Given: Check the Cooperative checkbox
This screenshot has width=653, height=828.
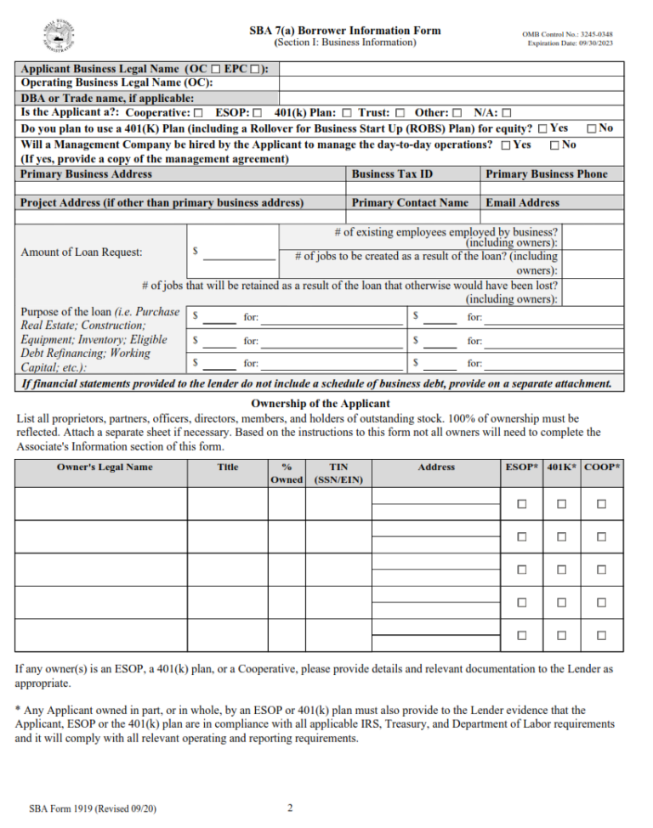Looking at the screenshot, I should [198, 112].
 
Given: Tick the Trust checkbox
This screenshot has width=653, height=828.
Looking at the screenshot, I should [399, 112].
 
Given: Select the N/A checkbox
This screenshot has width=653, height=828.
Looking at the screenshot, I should [507, 112].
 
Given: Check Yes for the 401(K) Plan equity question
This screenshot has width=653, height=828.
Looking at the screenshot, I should [542, 128].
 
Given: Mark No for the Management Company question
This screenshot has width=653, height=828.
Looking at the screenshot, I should [554, 145].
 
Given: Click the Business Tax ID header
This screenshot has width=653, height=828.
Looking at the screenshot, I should [392, 173].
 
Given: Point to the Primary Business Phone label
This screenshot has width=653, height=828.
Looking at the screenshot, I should [546, 173].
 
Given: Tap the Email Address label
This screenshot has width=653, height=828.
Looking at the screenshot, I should [522, 202].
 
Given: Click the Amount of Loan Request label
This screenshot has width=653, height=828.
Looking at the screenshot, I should [82, 252].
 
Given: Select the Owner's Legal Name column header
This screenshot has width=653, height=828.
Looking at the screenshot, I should [105, 467].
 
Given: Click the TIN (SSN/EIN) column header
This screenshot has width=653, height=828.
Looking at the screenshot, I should [338, 473].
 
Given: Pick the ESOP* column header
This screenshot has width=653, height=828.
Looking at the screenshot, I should [522, 467].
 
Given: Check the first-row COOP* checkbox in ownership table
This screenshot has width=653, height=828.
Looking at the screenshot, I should [601, 504].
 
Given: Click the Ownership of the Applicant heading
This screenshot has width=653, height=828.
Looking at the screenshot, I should [321, 404].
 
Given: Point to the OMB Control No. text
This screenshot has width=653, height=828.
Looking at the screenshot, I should [567, 34].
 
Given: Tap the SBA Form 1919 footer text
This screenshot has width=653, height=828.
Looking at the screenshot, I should [92, 808].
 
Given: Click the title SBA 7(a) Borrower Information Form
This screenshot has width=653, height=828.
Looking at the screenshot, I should [345, 30].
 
